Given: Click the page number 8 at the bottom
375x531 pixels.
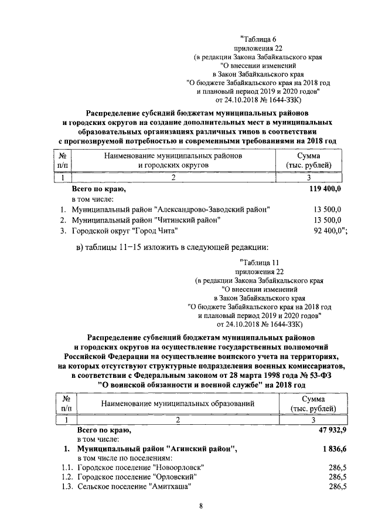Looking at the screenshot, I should tap(200, 509).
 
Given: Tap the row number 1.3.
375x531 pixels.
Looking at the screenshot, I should tap(70, 487).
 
